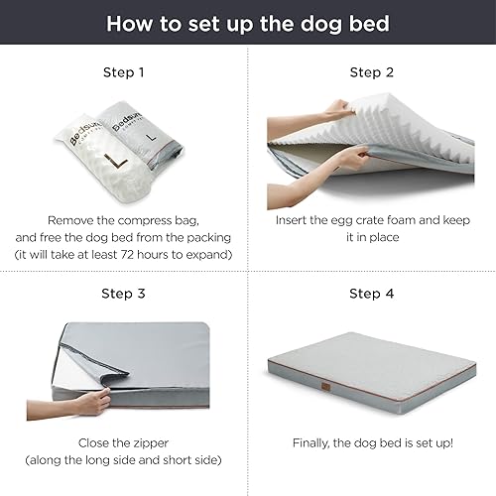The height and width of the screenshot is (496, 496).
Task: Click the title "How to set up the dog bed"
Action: (x=247, y=23)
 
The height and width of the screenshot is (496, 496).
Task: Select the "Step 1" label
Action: (x=124, y=72)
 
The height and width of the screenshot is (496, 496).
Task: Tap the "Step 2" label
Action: (x=372, y=72)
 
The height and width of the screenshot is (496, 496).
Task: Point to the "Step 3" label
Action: (x=124, y=293)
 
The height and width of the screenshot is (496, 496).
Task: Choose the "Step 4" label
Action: (x=372, y=293)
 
